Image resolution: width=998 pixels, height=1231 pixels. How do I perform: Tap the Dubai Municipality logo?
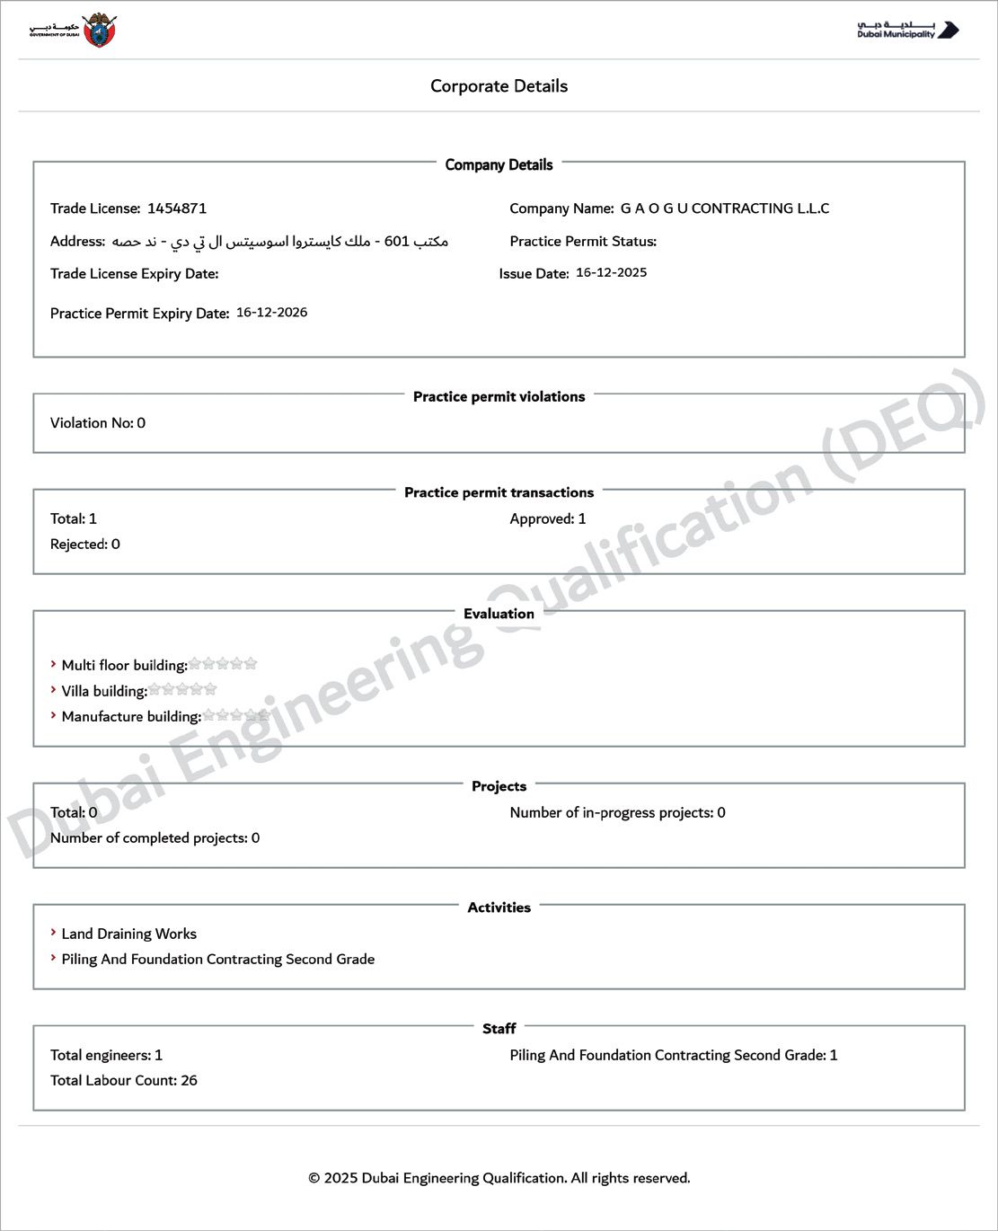(x=907, y=31)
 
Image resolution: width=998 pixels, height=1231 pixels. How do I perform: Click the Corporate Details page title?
(x=499, y=86)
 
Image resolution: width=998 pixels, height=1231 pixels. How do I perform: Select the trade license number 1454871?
(x=177, y=208)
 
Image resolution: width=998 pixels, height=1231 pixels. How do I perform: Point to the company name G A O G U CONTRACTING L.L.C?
(x=724, y=208)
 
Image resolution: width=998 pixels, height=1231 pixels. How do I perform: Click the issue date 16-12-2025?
(x=611, y=272)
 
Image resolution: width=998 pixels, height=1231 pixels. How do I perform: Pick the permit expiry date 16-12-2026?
(x=271, y=313)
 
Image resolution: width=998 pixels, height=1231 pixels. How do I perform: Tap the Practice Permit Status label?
(x=583, y=241)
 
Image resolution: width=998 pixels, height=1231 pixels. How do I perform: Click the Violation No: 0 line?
(x=98, y=423)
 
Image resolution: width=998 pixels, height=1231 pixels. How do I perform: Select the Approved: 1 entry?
(x=548, y=518)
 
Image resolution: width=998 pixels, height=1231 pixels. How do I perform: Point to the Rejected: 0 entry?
(x=85, y=545)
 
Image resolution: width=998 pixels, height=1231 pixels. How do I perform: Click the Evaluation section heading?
(x=499, y=614)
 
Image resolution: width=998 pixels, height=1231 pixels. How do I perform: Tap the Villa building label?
(x=104, y=691)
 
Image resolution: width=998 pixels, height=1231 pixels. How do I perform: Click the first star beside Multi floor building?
(x=195, y=664)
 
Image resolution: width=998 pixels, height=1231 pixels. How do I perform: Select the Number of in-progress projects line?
(x=617, y=812)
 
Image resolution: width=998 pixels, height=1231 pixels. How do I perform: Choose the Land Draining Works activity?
(x=128, y=934)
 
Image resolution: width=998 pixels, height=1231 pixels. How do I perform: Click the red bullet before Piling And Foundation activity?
(x=54, y=958)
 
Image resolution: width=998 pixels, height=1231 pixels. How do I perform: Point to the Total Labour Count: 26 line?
(x=124, y=1080)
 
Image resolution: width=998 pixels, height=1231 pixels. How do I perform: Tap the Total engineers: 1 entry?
(x=106, y=1055)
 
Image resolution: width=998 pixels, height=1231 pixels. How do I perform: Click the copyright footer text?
(x=499, y=1178)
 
